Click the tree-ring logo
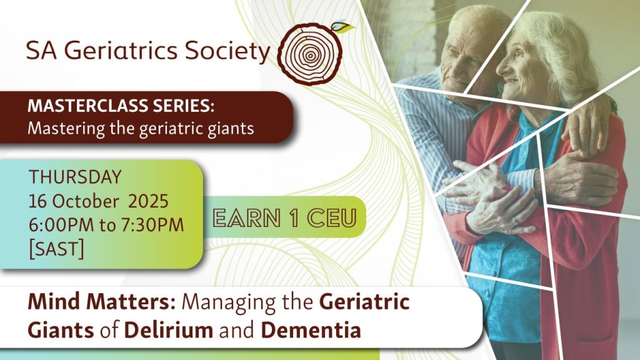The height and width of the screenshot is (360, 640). pos(310,53)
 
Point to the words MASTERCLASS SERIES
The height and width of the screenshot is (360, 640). pos(121,106)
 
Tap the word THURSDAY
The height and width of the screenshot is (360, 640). pos(75,177)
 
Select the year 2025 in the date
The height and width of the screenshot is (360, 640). pos(149,201)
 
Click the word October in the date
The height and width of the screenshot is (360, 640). pos(86,201)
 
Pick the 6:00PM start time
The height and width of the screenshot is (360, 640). pos(61,225)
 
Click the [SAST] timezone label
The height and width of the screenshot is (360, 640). pos(56,249)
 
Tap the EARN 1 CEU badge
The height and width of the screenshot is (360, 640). pos(284,217)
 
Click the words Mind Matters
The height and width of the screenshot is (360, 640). pos(102,302)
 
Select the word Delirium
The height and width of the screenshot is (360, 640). pos(169,330)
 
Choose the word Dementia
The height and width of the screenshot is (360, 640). pos(311,330)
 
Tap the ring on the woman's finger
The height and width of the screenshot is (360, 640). pos(516,221)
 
